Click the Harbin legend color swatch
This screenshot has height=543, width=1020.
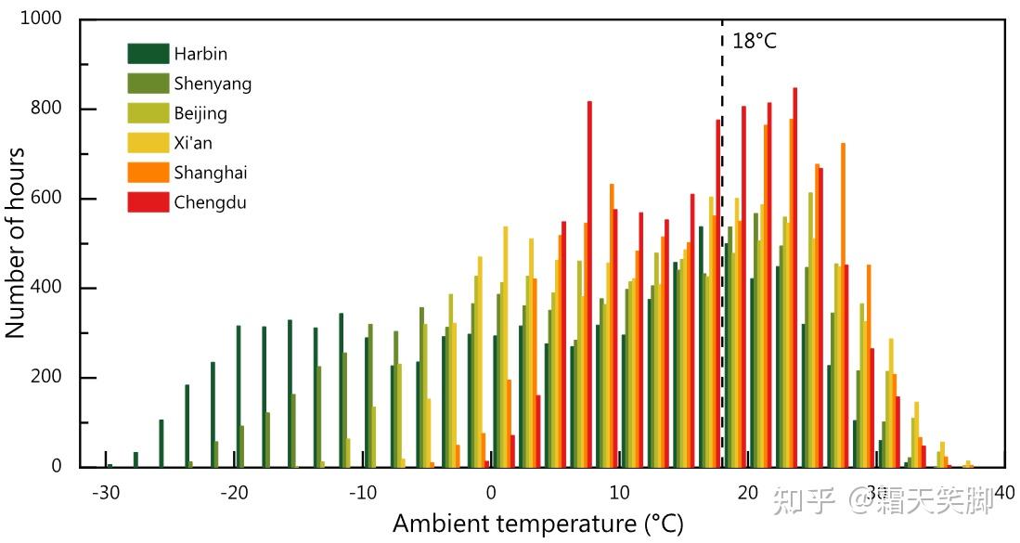(x=148, y=54)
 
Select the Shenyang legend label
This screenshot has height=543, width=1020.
(x=213, y=84)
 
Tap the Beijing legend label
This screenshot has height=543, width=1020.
(x=200, y=113)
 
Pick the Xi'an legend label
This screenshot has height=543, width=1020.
(x=193, y=143)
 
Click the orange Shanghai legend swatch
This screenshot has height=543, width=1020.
(x=148, y=173)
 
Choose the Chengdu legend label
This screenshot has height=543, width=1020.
(x=210, y=202)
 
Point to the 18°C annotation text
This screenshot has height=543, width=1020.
(x=754, y=41)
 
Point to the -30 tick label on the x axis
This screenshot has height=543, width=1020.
(x=105, y=492)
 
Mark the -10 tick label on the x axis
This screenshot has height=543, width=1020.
(x=362, y=492)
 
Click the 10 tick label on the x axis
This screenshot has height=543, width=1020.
(x=619, y=492)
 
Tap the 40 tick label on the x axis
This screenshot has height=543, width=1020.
(x=1004, y=492)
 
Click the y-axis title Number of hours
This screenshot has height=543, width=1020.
(x=16, y=243)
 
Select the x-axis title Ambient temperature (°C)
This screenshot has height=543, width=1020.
(x=537, y=524)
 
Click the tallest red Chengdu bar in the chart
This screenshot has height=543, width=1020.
(x=795, y=278)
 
